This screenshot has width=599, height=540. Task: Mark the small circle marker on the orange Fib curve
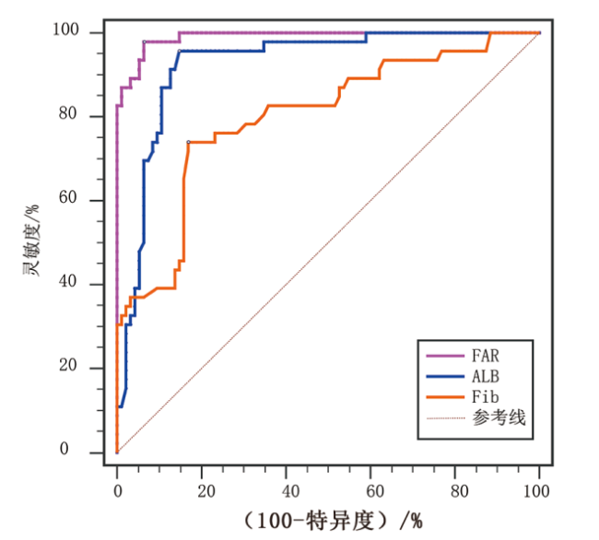click(x=188, y=142)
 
